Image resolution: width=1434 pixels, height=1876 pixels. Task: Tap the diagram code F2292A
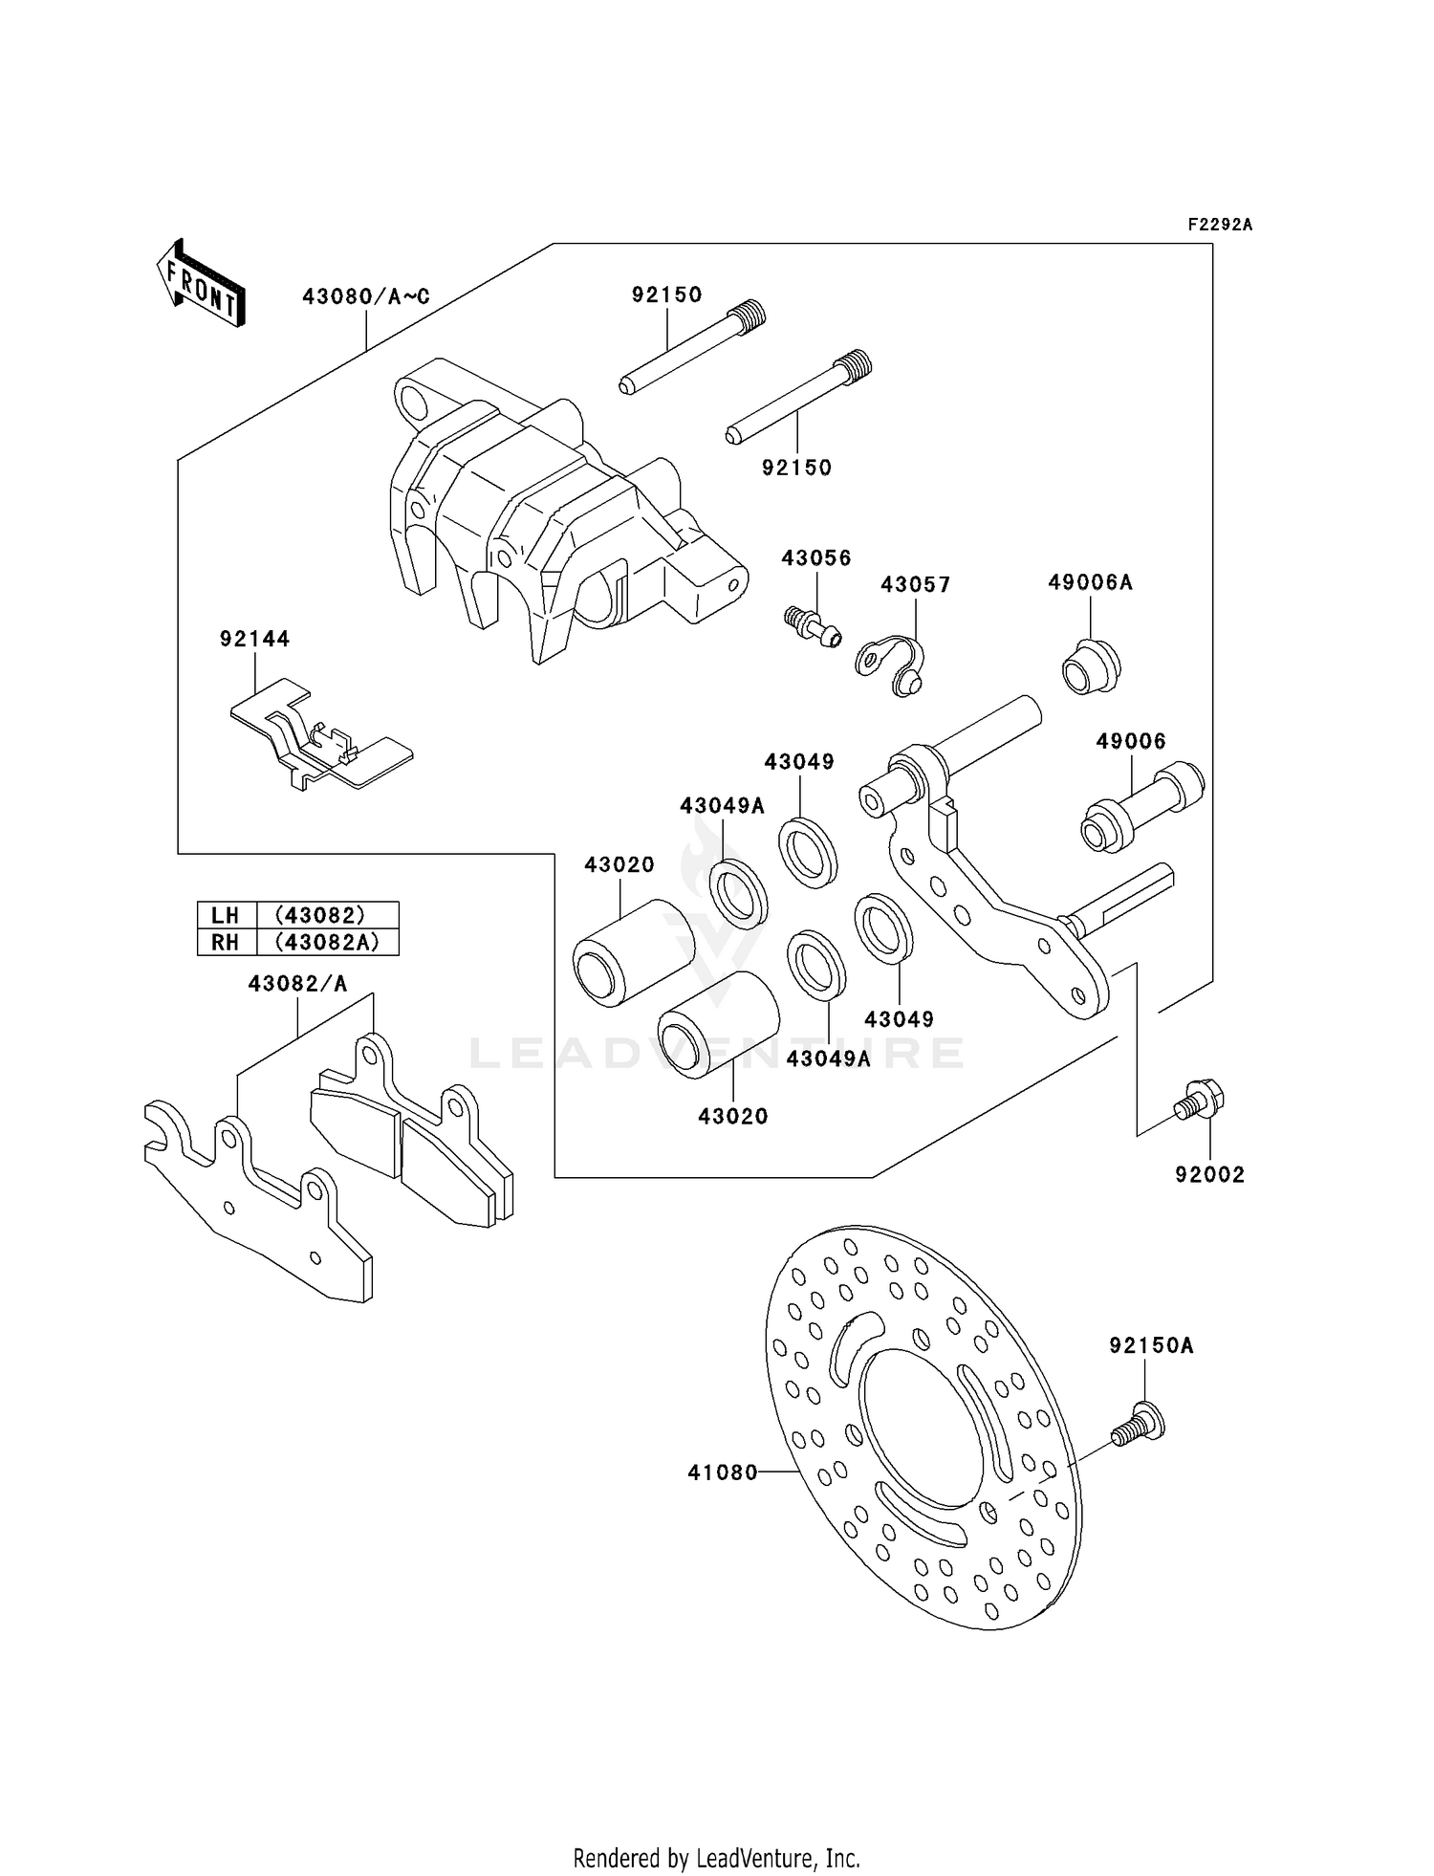1219,225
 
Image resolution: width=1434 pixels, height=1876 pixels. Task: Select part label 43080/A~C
366,296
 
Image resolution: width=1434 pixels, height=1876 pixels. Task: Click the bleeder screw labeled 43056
813,625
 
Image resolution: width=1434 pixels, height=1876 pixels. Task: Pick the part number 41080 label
723,1473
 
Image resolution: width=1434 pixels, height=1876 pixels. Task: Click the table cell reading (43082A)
328,942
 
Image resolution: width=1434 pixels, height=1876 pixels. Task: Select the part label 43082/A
297,983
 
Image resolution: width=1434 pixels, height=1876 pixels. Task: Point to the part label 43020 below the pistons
733,1116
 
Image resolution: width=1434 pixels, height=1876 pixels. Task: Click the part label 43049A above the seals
723,806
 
